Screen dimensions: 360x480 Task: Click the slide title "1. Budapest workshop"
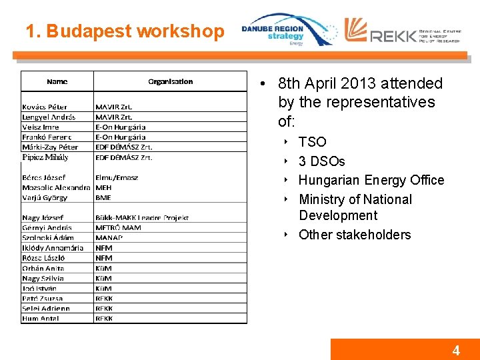click(125, 31)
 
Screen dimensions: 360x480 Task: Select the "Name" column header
click(57, 81)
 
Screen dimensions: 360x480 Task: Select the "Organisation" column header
click(170, 81)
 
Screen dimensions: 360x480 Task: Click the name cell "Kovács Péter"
click(45, 107)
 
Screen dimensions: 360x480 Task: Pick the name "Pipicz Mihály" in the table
click(45, 157)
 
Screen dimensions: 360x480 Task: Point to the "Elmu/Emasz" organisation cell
click(117, 177)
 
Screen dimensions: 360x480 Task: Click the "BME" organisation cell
click(103, 197)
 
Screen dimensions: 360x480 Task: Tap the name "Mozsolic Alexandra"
click(56, 187)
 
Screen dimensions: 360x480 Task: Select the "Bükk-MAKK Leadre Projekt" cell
click(142, 217)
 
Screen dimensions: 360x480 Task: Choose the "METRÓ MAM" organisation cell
click(118, 227)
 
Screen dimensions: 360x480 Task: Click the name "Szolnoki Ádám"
click(48, 237)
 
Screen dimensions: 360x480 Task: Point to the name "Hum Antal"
click(41, 318)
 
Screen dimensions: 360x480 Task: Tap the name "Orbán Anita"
click(43, 268)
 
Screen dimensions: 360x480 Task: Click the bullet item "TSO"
click(312, 142)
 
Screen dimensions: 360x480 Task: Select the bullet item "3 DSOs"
click(321, 161)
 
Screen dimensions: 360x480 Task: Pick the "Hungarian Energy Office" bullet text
click(371, 180)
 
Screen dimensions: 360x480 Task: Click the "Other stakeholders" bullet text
click(355, 235)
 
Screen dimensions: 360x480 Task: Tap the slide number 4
click(456, 351)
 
